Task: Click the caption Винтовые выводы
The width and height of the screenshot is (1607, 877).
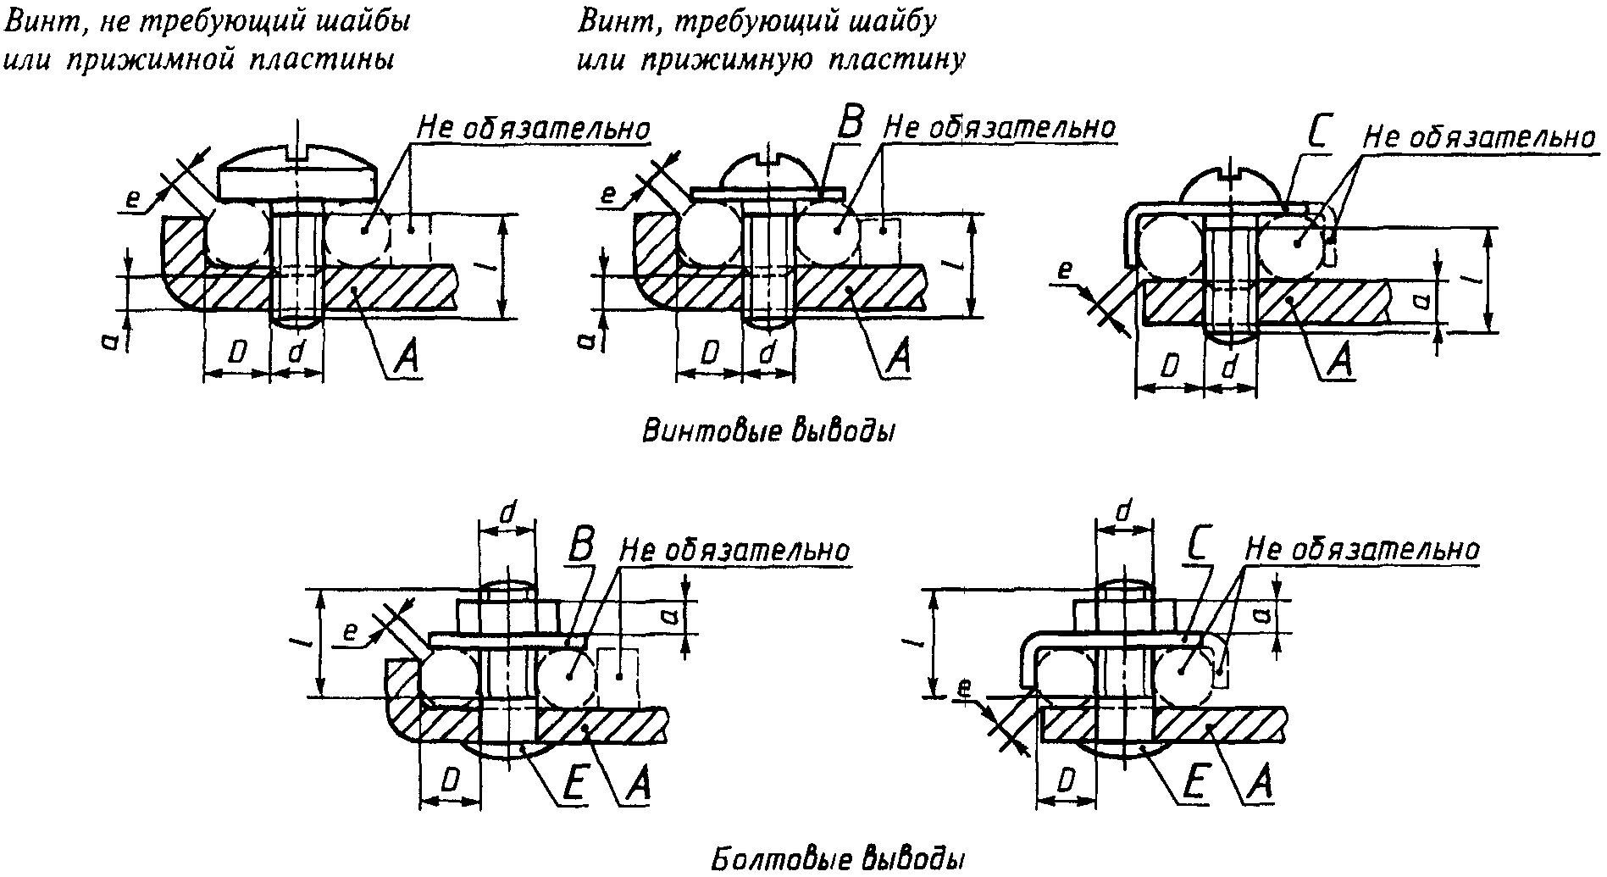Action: click(x=768, y=430)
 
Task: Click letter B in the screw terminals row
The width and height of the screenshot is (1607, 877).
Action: click(x=848, y=124)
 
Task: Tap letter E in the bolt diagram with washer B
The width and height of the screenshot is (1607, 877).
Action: click(x=573, y=785)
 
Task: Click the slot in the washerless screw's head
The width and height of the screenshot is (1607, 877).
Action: click(x=297, y=153)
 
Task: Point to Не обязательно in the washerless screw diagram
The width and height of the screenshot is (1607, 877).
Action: click(x=534, y=128)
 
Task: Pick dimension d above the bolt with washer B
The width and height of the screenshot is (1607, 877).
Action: click(x=507, y=513)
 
